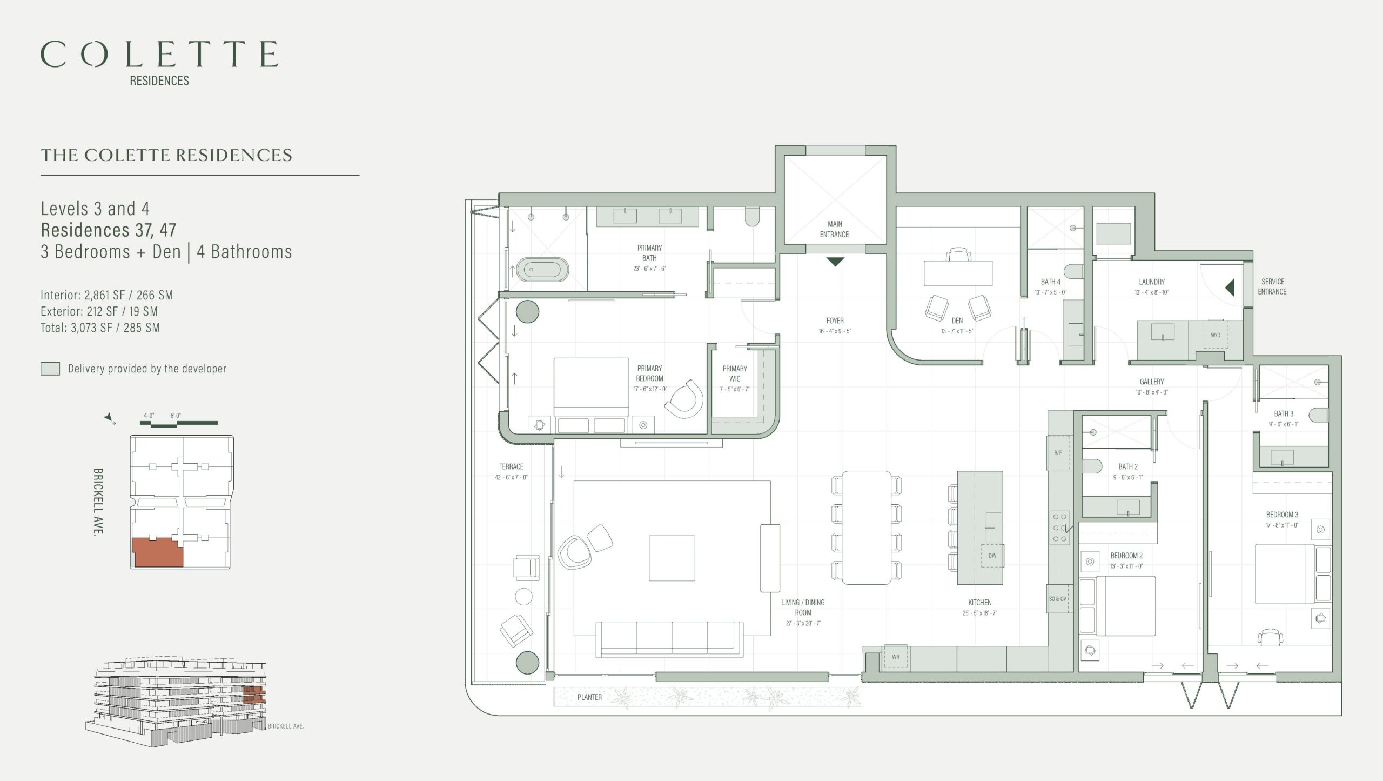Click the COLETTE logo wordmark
(x=159, y=54)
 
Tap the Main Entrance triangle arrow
(x=835, y=262)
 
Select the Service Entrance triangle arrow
(x=1230, y=287)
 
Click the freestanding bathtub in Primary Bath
(x=543, y=269)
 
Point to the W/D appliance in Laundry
(x=1216, y=335)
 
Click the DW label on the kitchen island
(x=992, y=556)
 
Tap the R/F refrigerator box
(x=1058, y=452)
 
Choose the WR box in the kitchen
(x=896, y=657)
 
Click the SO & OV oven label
(x=1058, y=599)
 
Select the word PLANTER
(x=589, y=697)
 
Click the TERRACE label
(x=511, y=466)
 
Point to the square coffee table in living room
(x=672, y=558)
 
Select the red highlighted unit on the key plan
(x=158, y=552)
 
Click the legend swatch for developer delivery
(x=50, y=369)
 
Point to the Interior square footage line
(x=107, y=295)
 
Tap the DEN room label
(x=957, y=321)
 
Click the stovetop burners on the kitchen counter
(x=1059, y=528)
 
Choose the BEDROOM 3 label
(x=1283, y=515)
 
